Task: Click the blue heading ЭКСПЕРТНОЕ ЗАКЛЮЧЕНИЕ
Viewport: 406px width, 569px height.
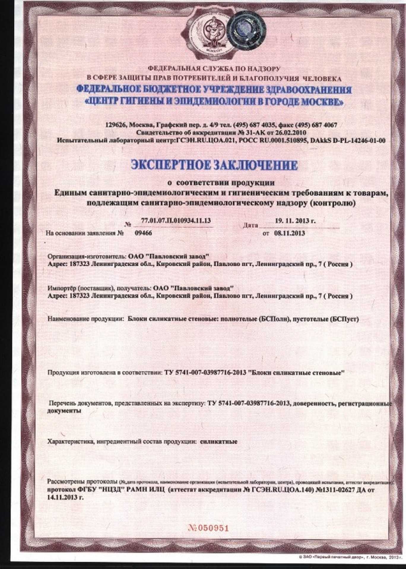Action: (214, 165)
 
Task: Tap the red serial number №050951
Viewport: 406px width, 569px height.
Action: (209, 528)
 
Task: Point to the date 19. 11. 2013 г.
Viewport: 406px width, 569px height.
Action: (295, 220)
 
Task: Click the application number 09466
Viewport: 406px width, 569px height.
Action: (143, 233)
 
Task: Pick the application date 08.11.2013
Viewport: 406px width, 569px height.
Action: (289, 233)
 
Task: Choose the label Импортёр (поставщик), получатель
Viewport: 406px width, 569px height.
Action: (99, 288)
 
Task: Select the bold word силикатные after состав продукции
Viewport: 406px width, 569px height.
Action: (219, 442)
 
